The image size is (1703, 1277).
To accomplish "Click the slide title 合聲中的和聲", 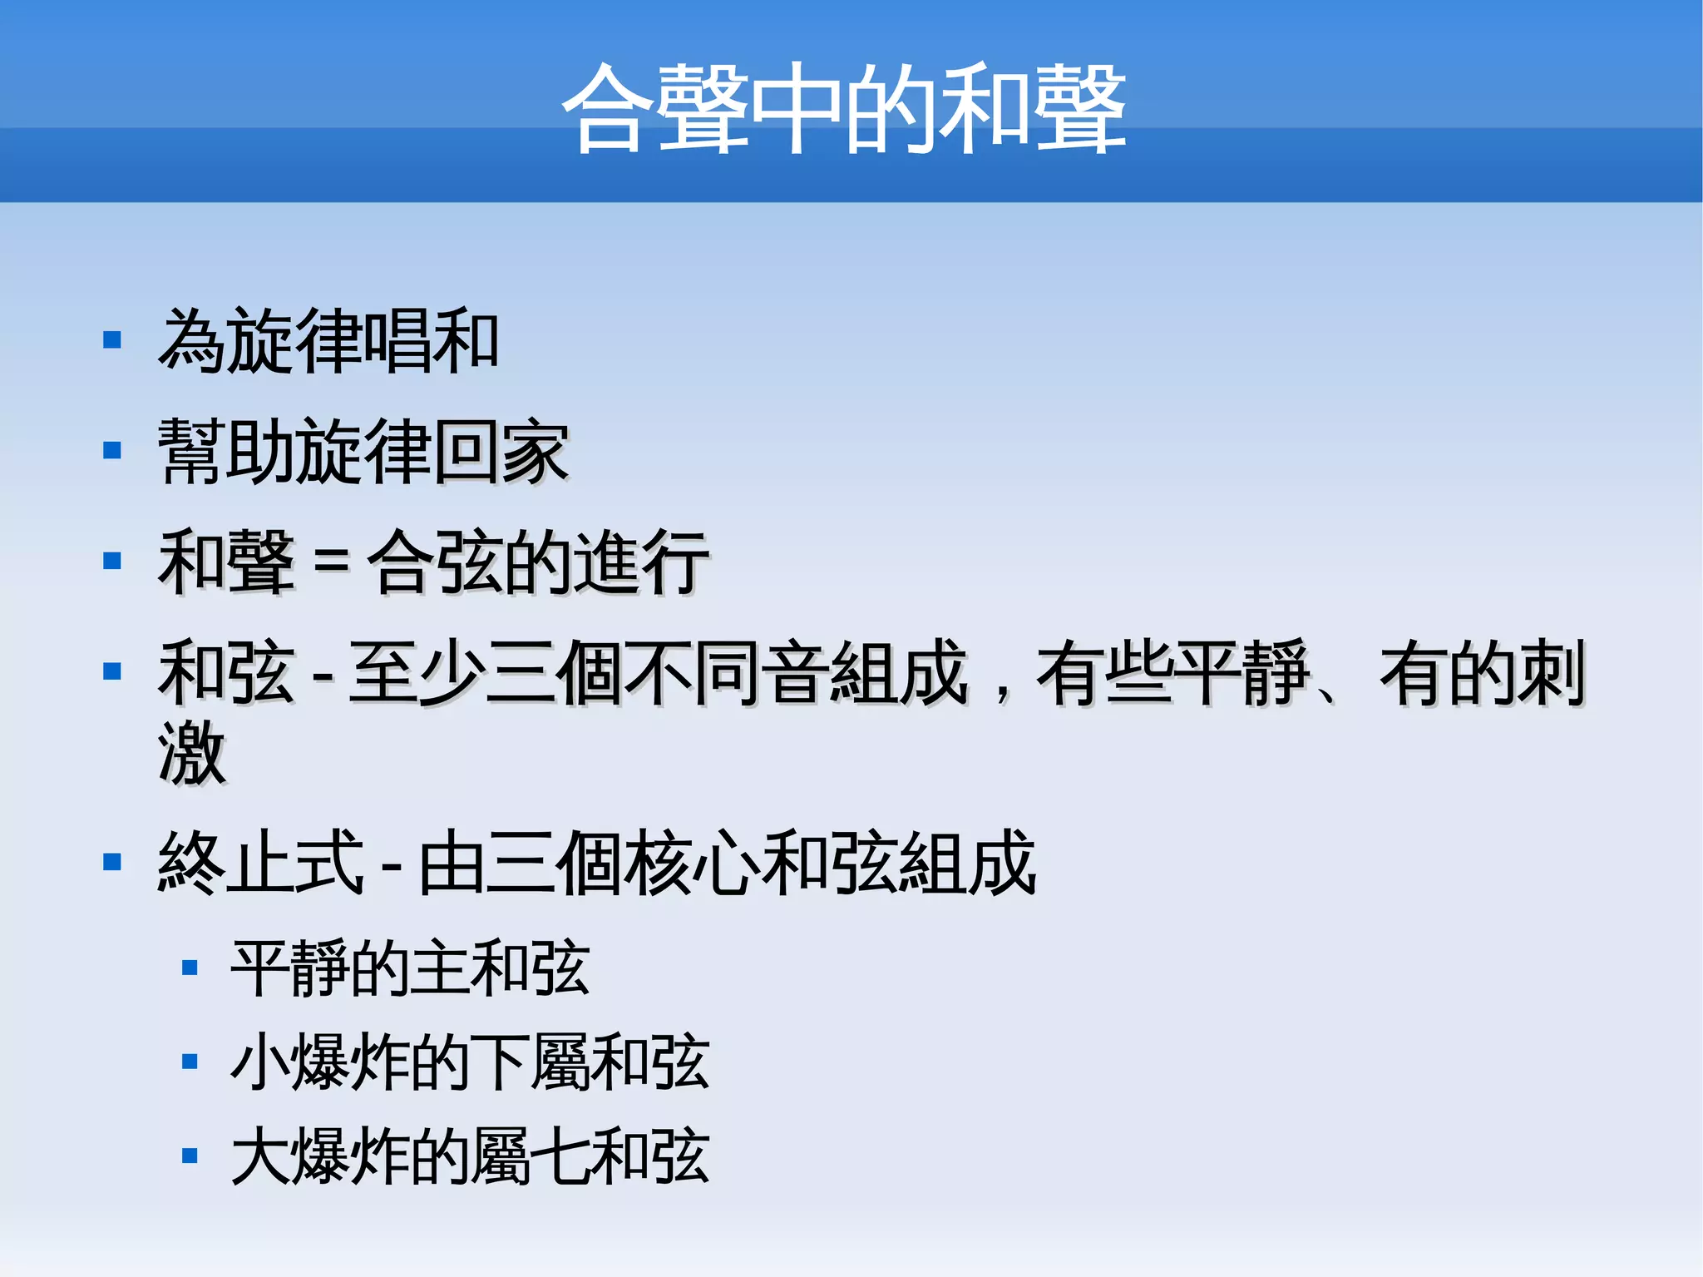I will tap(843, 108).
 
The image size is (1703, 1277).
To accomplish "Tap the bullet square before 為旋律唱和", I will tap(112, 340).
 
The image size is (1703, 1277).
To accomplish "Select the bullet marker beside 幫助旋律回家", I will tap(112, 451).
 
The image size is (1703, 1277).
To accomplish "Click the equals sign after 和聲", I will tap(331, 563).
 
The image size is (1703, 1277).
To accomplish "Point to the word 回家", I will tap(501, 452).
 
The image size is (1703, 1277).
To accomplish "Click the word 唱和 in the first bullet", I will tap(431, 340).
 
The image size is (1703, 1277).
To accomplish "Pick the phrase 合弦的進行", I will tap(538, 563).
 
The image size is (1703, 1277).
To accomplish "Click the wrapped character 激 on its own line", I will tap(192, 754).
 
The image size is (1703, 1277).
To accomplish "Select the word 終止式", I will tap(260, 863).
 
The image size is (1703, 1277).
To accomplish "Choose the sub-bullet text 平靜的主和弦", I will tap(410, 968).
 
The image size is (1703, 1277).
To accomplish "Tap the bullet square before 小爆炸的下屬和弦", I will tap(190, 1062).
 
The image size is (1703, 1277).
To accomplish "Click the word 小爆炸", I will tap(319, 1062).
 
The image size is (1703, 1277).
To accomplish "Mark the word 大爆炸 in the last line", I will tap(319, 1156).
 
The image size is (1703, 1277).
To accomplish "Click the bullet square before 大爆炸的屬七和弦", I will tap(190, 1156).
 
